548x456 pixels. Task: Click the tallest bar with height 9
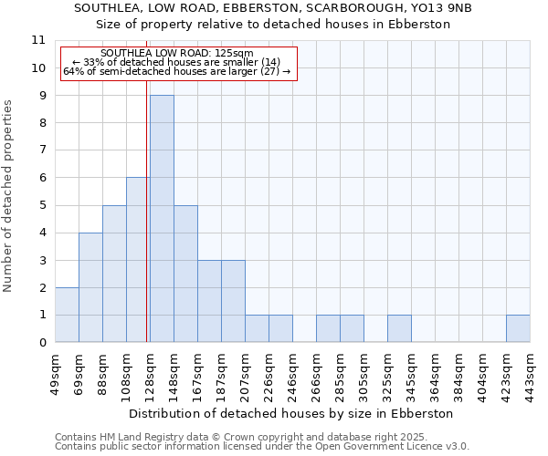[162, 219]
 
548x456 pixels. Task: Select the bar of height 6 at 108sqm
[138, 260]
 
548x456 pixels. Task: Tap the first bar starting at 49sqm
[67, 315]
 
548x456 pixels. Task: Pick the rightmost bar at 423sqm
[518, 328]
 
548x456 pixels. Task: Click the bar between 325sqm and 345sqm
[399, 328]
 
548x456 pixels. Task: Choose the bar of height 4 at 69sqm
[90, 287]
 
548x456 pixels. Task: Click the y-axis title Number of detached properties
[9, 196]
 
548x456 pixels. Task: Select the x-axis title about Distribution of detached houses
[291, 413]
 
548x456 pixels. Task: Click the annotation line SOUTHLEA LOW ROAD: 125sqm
[178, 54]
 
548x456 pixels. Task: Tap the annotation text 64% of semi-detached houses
[178, 71]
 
